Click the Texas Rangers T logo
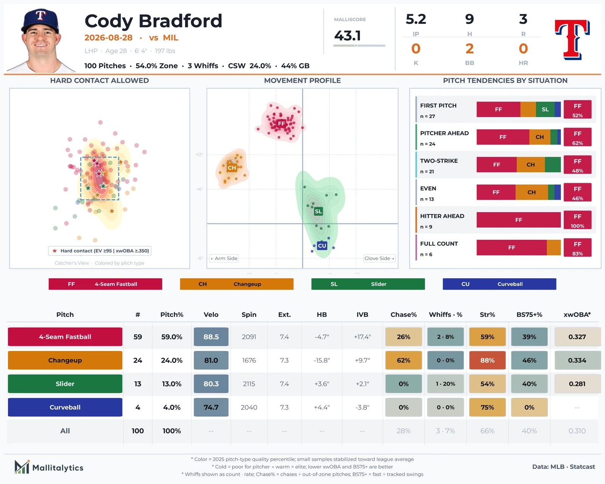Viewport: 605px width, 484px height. pyautogui.click(x=572, y=40)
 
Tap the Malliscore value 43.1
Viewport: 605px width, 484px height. pyautogui.click(x=347, y=36)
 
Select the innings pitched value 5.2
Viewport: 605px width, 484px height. pyautogui.click(x=416, y=19)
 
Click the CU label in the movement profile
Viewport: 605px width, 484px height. pyautogui.click(x=322, y=246)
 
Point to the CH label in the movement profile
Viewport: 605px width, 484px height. pyautogui.click(x=232, y=168)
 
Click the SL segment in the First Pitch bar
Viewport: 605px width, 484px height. pyautogui.click(x=545, y=109)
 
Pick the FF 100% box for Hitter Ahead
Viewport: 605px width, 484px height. pyautogui.click(x=577, y=220)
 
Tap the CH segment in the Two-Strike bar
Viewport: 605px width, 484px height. pyautogui.click(x=531, y=165)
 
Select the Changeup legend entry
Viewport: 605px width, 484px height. pyautogui.click(x=236, y=284)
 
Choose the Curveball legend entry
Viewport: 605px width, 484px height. pyautogui.click(x=499, y=284)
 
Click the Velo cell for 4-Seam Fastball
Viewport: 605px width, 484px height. pyautogui.click(x=211, y=337)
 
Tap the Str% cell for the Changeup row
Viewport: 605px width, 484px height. pyautogui.click(x=487, y=360)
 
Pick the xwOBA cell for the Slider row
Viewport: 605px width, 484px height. pyautogui.click(x=577, y=384)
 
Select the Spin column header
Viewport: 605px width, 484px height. pyautogui.click(x=249, y=315)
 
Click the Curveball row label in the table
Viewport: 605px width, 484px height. pyautogui.click(x=65, y=408)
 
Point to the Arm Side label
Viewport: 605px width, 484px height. pyautogui.click(x=224, y=259)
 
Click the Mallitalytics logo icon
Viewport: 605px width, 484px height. pyautogui.click(x=22, y=467)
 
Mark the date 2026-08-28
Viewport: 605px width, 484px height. pyautogui.click(x=108, y=38)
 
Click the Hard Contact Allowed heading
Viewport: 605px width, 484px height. pyautogui.click(x=99, y=81)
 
